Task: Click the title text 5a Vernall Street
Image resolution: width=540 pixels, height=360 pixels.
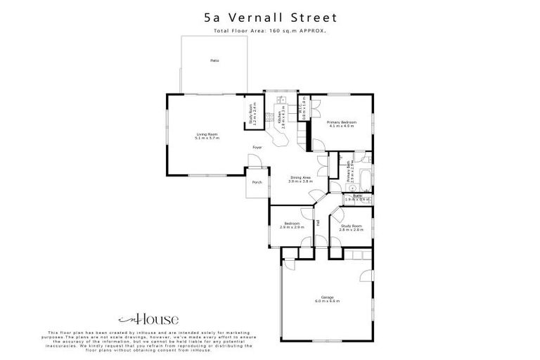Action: click(270, 17)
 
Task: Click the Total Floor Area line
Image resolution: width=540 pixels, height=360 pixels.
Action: click(270, 32)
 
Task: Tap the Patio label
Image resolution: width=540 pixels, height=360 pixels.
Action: click(214, 61)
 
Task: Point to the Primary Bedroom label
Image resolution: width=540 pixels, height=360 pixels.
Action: click(342, 122)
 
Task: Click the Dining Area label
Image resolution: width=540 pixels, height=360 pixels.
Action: click(300, 177)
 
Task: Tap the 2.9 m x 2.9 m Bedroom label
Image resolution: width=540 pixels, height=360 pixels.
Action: click(292, 224)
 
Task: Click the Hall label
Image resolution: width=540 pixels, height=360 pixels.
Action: click(319, 222)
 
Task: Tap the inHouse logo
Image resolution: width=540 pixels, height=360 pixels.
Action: click(139, 318)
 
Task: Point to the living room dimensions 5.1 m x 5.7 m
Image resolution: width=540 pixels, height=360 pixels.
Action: click(207, 138)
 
